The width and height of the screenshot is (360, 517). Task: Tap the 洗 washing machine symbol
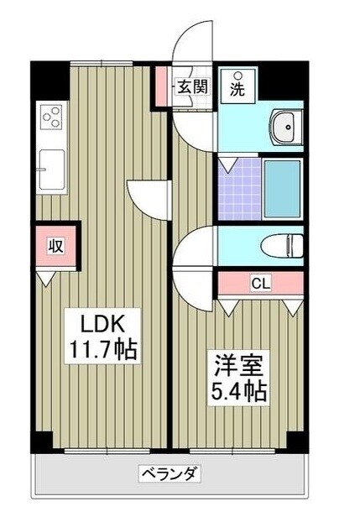237,86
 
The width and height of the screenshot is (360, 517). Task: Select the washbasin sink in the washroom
285,128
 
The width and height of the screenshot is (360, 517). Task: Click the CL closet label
261,284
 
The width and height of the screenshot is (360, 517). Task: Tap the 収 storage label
55,246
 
